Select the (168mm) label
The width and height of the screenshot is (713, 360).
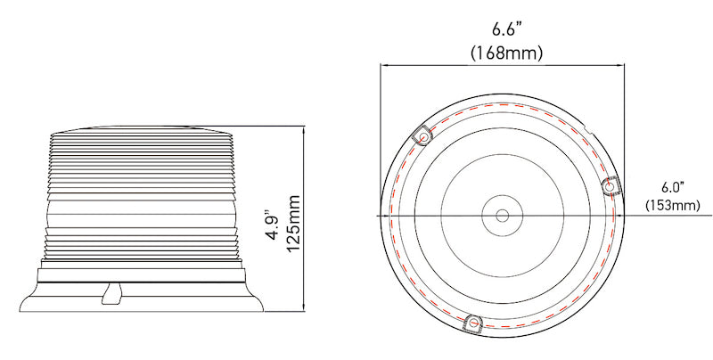(x=506, y=53)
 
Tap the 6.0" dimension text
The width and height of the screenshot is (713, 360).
(x=671, y=187)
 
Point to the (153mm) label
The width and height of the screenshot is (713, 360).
(x=672, y=206)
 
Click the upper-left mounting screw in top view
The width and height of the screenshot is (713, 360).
(x=423, y=137)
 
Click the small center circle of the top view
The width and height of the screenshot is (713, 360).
(x=502, y=216)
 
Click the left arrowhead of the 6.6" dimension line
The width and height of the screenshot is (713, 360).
(x=384, y=65)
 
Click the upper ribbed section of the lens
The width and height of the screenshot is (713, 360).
(x=143, y=165)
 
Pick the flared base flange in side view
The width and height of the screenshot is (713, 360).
(x=143, y=299)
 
